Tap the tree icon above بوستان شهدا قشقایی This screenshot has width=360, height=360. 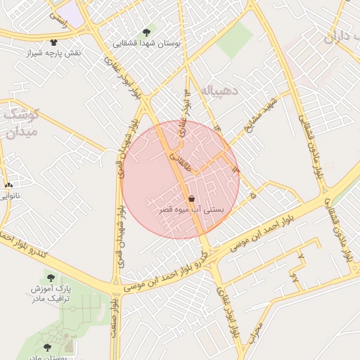[146, 32]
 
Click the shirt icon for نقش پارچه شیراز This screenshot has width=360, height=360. [54, 42]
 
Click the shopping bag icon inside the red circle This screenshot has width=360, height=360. [193, 199]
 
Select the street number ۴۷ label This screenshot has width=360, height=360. [294, 279]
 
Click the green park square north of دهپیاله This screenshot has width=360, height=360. [234, 41]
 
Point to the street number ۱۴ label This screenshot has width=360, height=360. [217, 127]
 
